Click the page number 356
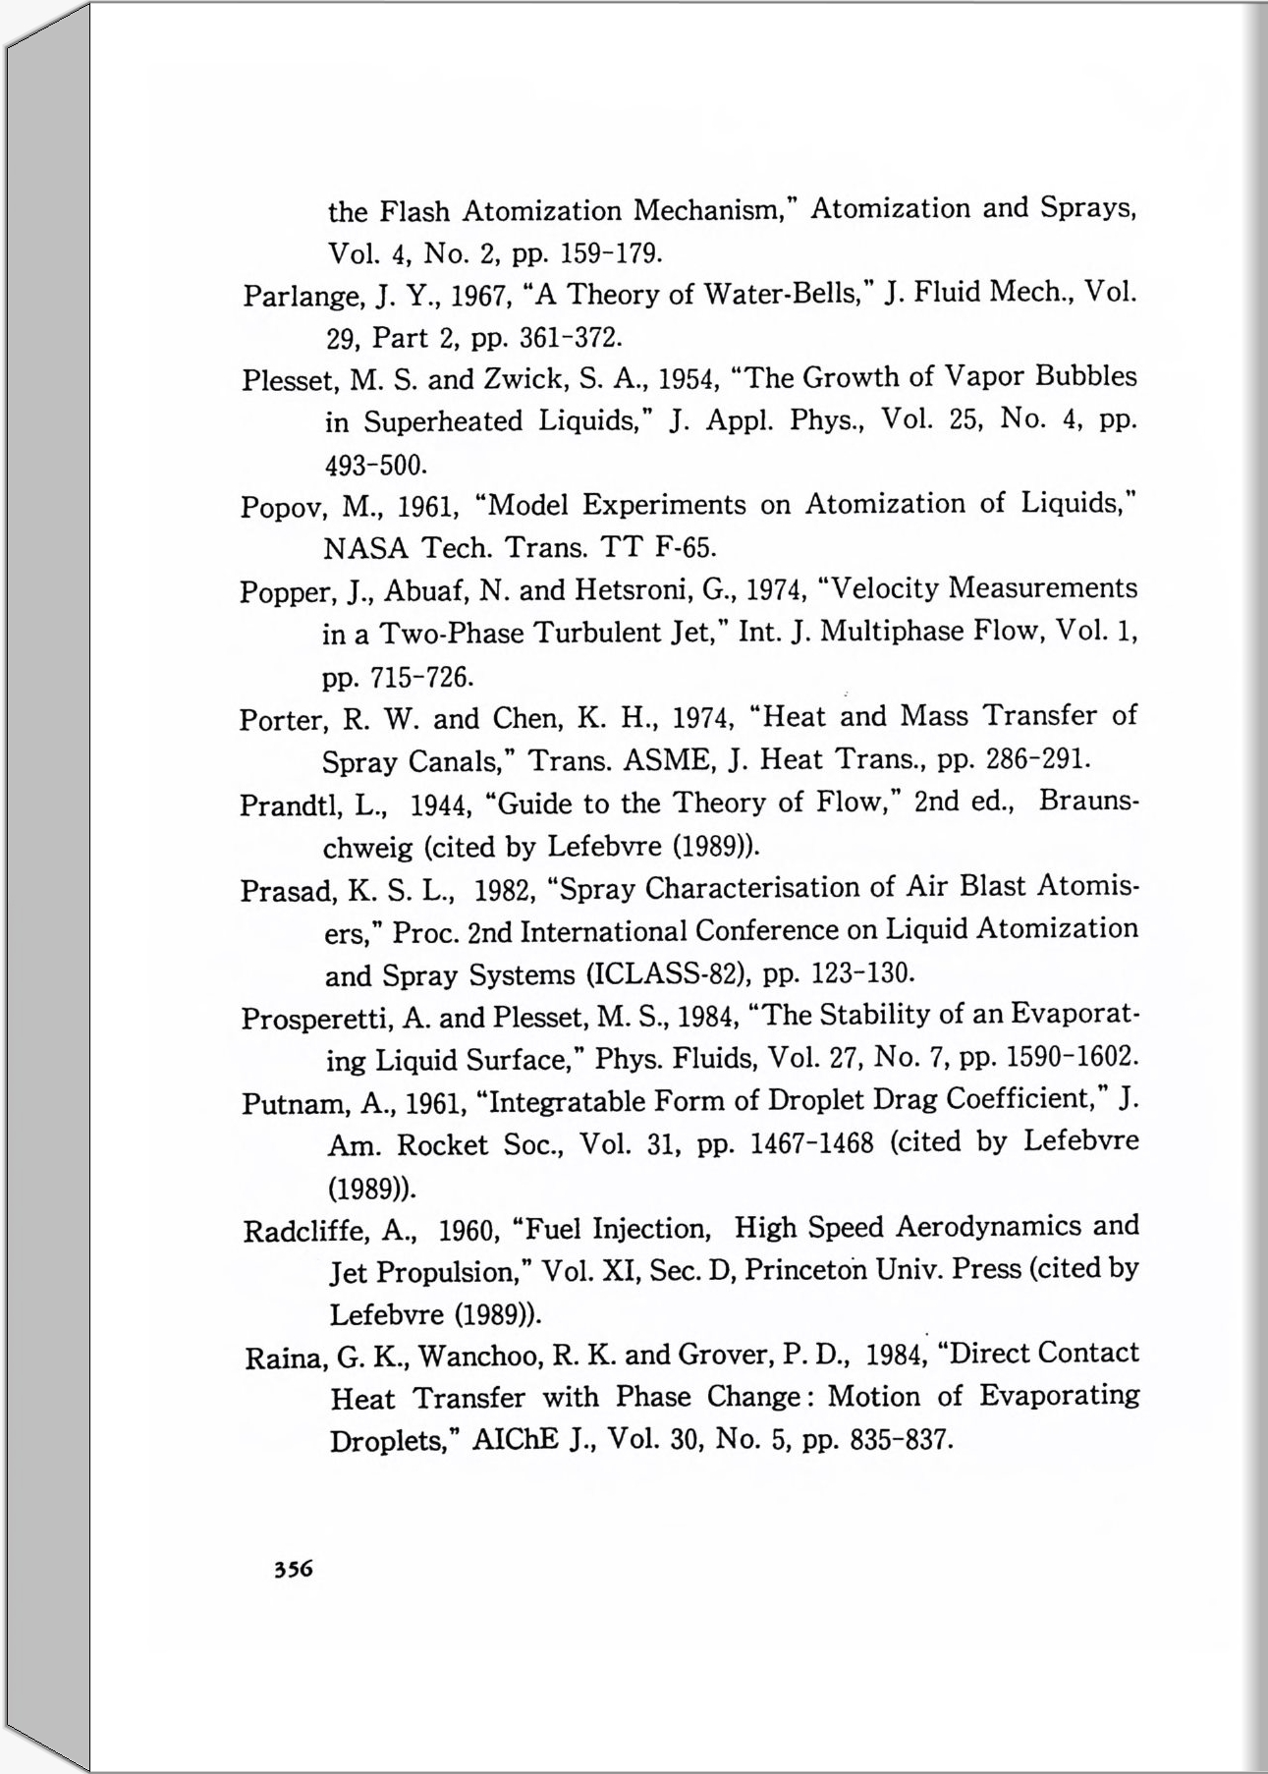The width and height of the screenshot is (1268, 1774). pos(293,1568)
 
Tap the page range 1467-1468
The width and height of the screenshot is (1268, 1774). pos(810,1144)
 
